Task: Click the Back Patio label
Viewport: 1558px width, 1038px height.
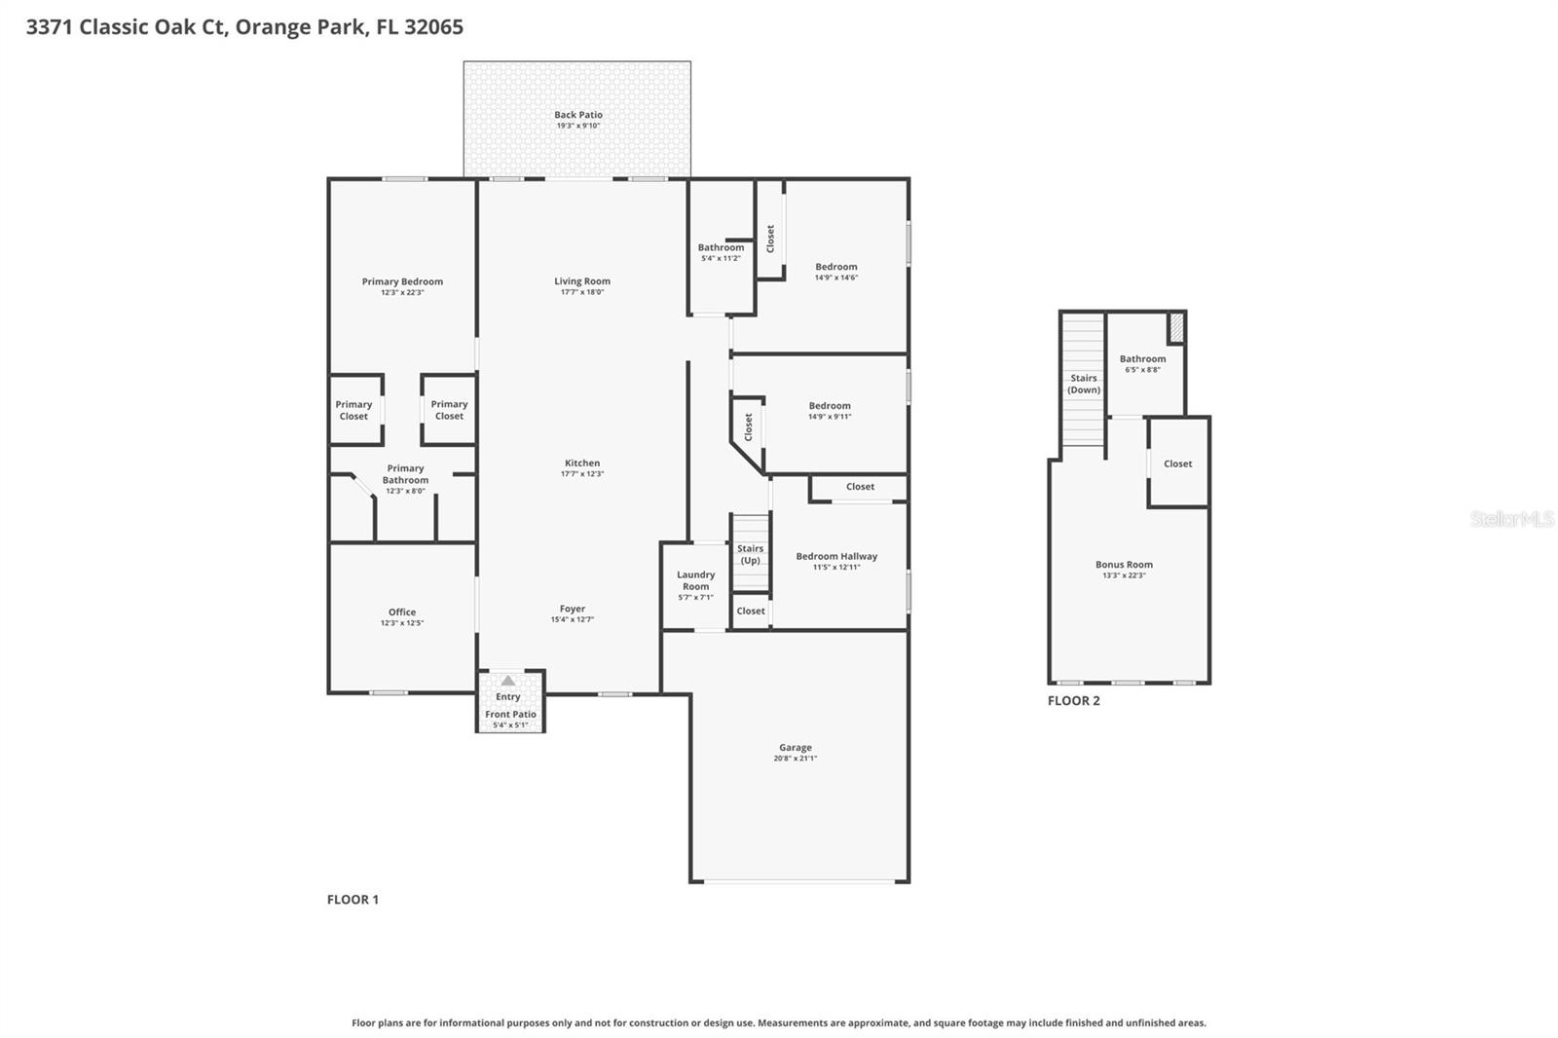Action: click(578, 115)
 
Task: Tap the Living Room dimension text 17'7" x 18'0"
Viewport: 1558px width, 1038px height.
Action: click(582, 292)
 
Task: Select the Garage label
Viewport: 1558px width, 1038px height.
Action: click(796, 748)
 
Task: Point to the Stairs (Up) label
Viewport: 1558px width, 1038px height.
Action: click(750, 554)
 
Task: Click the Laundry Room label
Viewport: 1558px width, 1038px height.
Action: click(695, 580)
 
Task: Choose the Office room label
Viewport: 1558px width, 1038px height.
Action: click(402, 612)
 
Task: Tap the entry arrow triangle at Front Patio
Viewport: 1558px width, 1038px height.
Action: click(507, 681)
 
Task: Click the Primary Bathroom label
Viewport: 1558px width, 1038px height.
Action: click(405, 474)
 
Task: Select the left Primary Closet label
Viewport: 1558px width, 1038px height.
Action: click(353, 410)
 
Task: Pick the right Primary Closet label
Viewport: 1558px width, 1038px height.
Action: click(449, 410)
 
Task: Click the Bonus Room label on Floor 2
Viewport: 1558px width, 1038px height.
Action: click(1124, 565)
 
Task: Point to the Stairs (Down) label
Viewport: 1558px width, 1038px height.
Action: click(1084, 384)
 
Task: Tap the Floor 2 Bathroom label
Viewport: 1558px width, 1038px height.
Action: click(1142, 358)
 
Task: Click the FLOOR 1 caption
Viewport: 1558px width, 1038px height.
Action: click(352, 900)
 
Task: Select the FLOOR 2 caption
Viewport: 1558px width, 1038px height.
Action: click(1073, 701)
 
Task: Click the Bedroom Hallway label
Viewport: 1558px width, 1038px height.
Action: click(836, 557)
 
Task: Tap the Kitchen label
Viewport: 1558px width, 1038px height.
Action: click(582, 463)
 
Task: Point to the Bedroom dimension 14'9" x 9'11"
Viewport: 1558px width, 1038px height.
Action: click(830, 417)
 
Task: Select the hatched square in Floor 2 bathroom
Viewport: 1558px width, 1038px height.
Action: click(1176, 327)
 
